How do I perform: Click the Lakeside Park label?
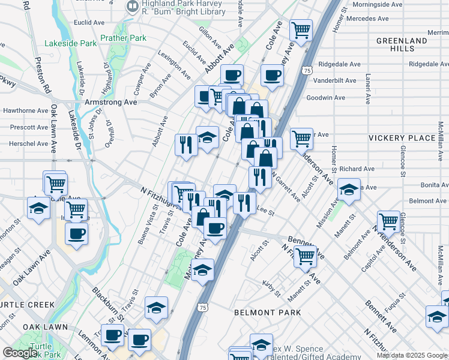[70, 44]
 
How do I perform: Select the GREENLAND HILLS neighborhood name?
[402, 45]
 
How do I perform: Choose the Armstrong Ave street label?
[111, 102]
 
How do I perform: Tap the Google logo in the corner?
[20, 353]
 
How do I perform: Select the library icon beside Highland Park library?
[132, 6]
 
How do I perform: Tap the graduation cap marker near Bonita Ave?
[349, 190]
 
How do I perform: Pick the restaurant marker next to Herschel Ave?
[186, 144]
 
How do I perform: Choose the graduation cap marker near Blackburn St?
[156, 307]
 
